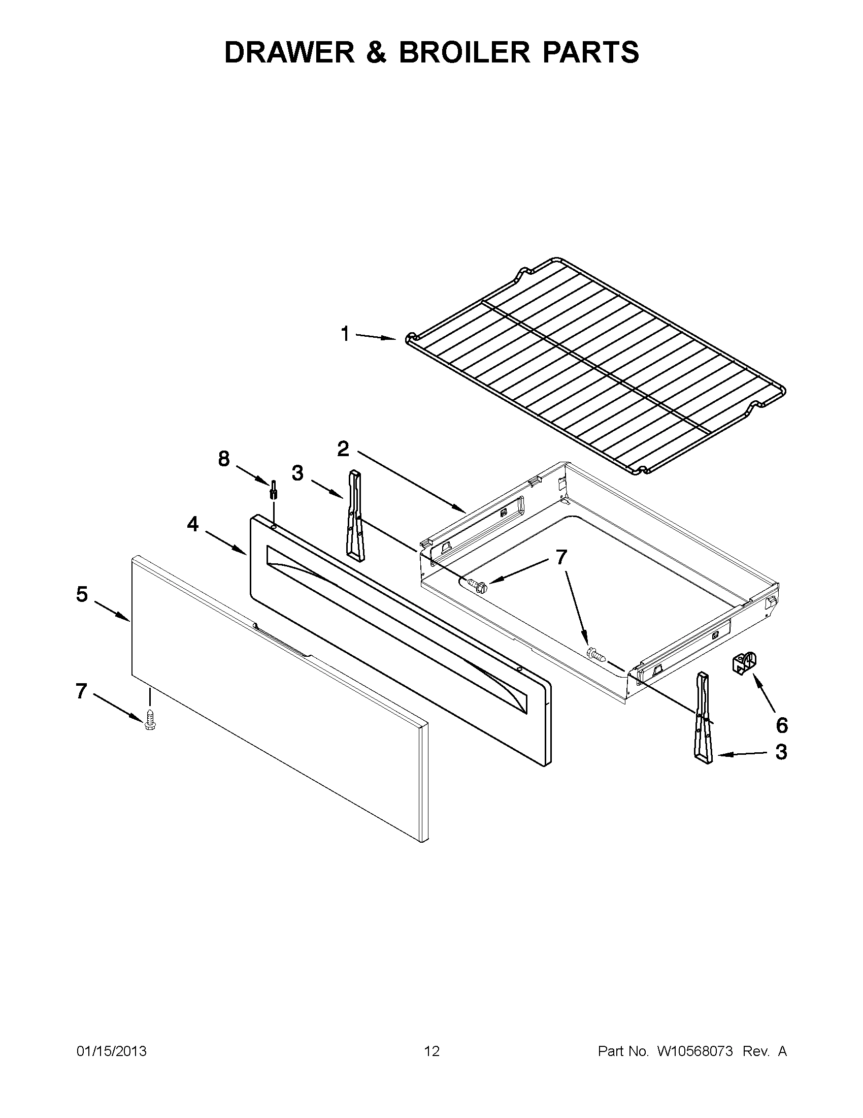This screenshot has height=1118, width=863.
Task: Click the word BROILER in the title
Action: pos(464,52)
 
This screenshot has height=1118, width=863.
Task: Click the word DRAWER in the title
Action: pos(289,52)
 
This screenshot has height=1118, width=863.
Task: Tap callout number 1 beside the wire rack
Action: pos(345,334)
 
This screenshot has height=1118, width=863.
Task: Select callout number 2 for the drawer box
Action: pos(343,449)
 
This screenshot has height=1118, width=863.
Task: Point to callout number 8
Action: pos(223,459)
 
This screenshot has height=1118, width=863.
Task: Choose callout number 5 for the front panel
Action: pos(82,595)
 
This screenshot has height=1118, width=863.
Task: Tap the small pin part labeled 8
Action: pos(274,490)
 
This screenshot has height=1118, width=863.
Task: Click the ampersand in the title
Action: pos(376,52)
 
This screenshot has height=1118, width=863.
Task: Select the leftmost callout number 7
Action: pos(81,691)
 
